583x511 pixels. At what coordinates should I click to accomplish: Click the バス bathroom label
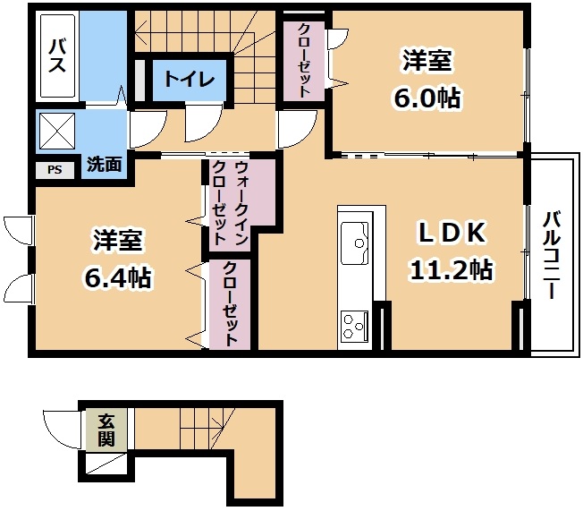(57, 56)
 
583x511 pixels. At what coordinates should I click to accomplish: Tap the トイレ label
(190, 80)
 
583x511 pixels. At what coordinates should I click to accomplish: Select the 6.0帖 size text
(427, 98)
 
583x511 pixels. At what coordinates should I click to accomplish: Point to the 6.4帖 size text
(118, 277)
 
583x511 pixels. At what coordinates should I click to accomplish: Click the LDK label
(452, 233)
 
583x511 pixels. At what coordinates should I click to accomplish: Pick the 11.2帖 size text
(451, 269)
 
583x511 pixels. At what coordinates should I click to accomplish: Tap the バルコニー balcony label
(551, 255)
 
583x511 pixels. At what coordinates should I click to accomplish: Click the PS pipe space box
(55, 170)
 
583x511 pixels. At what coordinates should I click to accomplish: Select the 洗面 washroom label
(105, 164)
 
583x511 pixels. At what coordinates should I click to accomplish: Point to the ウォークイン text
(241, 203)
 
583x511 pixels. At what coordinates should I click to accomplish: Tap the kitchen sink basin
(355, 243)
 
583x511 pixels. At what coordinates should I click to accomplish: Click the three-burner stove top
(355, 327)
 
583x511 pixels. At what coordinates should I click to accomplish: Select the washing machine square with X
(57, 131)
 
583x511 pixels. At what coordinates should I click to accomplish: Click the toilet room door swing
(204, 123)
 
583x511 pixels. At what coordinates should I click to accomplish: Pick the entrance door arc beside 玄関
(62, 429)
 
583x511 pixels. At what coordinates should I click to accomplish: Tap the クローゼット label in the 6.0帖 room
(304, 60)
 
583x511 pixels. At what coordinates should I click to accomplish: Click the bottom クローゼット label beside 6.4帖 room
(230, 303)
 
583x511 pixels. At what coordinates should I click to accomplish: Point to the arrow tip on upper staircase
(135, 32)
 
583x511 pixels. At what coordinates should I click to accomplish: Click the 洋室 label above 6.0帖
(427, 60)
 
